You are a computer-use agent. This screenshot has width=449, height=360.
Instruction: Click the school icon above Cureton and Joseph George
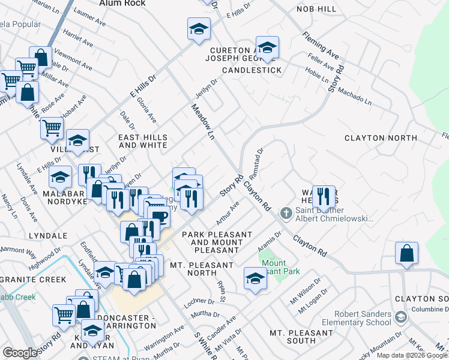[267, 47]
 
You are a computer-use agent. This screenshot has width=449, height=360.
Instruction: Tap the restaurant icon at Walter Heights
[324, 196]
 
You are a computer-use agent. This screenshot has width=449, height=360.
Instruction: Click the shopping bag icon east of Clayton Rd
[407, 253]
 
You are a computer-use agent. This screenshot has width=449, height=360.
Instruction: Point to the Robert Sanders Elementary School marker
[400, 316]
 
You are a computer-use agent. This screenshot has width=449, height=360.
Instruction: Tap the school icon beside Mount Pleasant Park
[255, 278]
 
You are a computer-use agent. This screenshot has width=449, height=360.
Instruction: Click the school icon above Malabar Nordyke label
[61, 178]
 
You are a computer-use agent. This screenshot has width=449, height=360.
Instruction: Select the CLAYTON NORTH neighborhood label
[381, 138]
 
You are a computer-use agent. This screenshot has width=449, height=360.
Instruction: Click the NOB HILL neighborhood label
[316, 10]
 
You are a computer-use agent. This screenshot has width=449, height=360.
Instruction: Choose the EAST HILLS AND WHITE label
[143, 142]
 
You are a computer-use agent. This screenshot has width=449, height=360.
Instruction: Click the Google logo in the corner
[20, 353]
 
